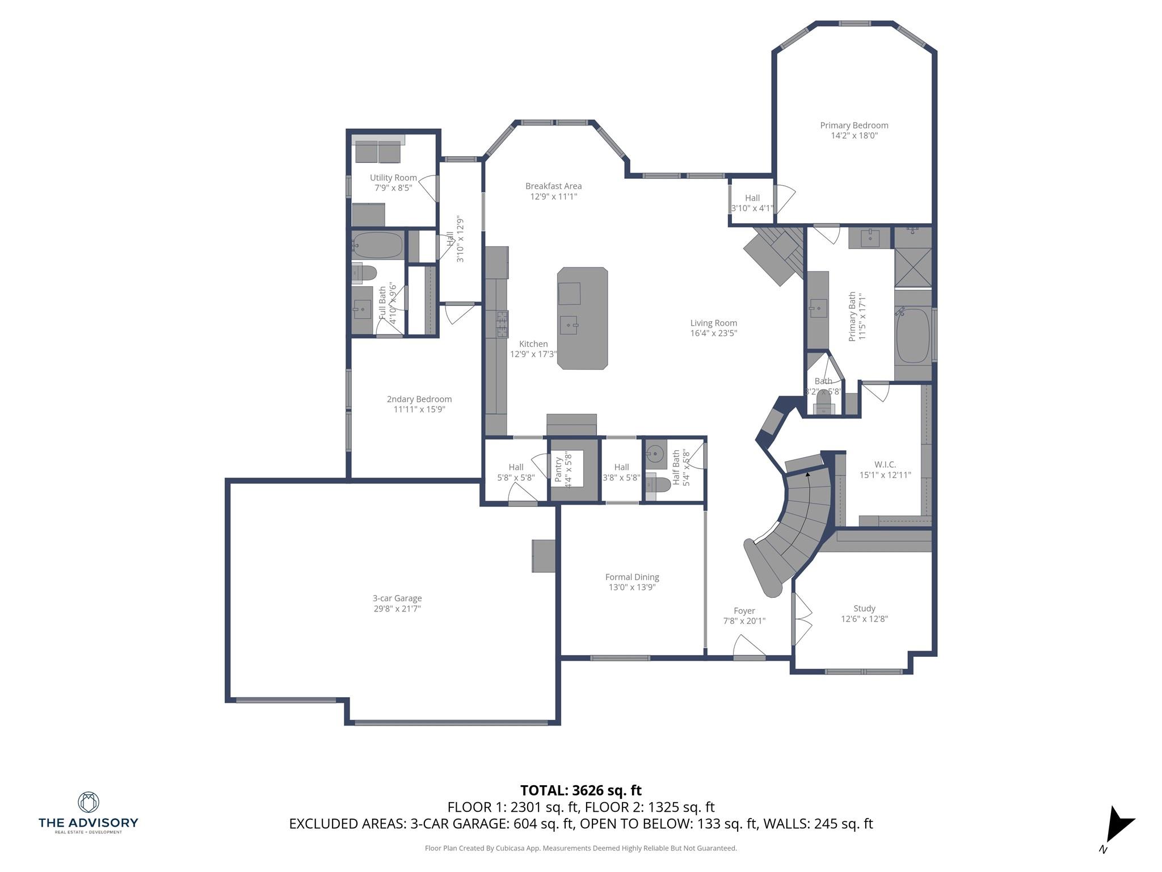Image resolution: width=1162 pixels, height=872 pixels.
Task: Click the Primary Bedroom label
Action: coord(854,125)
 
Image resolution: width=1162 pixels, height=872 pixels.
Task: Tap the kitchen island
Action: coord(582,318)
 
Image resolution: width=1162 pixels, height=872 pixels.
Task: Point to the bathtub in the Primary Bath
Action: coord(912,335)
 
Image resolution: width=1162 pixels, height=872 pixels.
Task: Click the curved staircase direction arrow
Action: coord(808,473)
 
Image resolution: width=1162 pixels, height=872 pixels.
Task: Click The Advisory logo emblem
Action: coord(88,802)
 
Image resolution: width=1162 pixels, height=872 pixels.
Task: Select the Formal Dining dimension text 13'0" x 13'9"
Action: coord(632,587)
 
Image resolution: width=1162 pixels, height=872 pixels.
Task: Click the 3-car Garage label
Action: coord(397,598)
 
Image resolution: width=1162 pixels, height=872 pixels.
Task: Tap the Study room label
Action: coord(864,608)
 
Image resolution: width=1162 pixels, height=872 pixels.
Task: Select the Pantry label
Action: coord(558,470)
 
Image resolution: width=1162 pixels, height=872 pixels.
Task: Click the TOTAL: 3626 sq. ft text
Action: coord(580,790)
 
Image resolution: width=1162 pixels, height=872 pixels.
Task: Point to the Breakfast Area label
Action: coord(553,186)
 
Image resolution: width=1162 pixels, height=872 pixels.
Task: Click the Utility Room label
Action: coord(393,178)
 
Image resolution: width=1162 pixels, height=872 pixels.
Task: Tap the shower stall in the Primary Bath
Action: coord(913,267)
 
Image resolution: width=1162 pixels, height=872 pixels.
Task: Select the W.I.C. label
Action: coord(885,464)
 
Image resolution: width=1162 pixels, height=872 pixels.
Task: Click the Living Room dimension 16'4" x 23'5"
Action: coord(713,333)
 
